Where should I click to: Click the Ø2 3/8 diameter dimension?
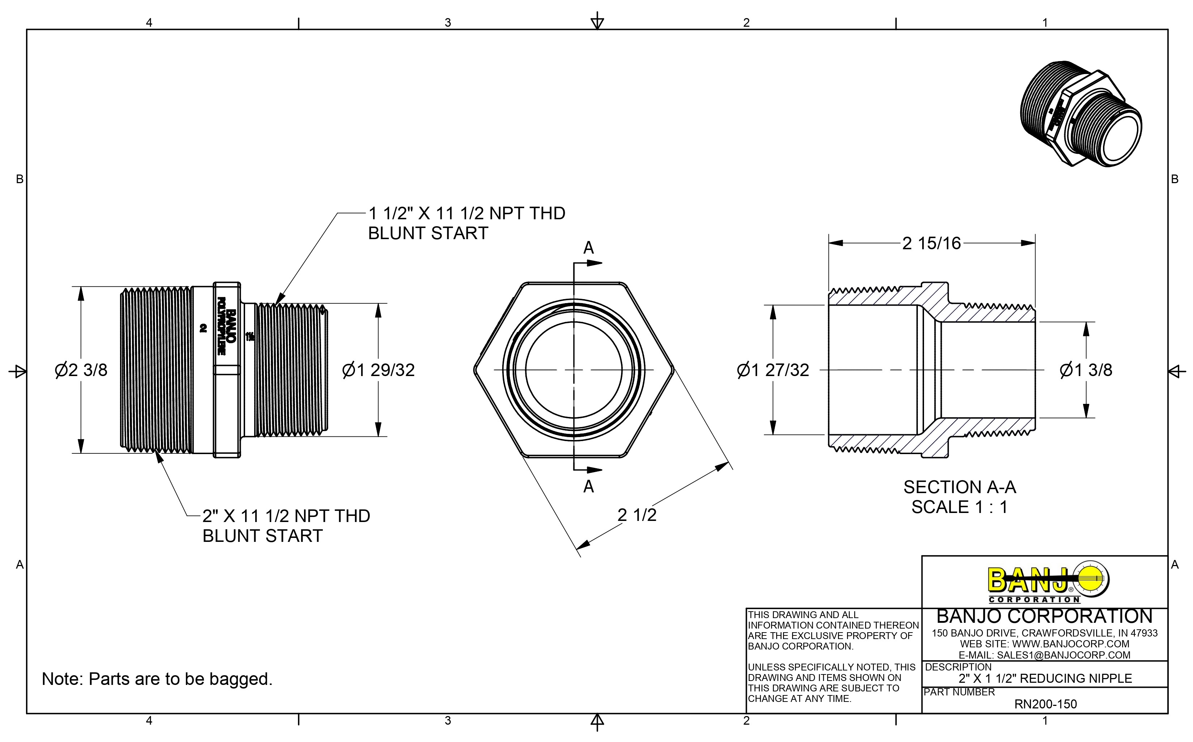coord(81,370)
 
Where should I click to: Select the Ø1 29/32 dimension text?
coord(378,370)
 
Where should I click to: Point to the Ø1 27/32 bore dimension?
coord(773,370)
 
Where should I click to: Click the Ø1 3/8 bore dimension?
coord(1086,370)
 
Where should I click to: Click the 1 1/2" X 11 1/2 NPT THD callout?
coord(466,214)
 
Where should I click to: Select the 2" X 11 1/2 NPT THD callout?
coord(286,516)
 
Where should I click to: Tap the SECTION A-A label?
coord(959,487)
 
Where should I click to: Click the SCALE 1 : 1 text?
coord(959,507)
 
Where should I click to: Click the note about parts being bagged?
coord(157,679)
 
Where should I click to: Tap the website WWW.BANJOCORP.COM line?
coord(1044,644)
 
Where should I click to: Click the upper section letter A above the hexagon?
coord(588,248)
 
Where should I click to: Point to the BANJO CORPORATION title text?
coord(1044,616)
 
